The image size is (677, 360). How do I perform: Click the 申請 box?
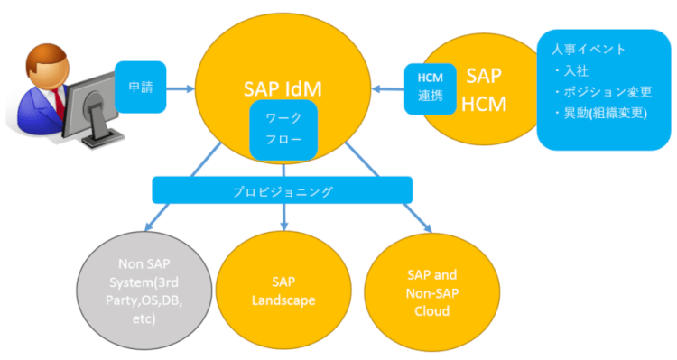141,88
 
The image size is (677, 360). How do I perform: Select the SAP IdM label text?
283,88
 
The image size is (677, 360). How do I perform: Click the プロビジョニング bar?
283,190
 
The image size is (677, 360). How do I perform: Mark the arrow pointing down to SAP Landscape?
284,217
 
